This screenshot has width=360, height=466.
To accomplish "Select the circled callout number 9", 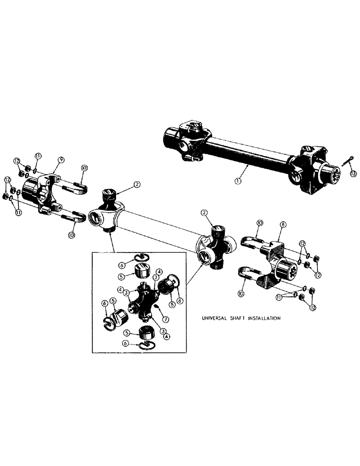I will [x=61, y=160].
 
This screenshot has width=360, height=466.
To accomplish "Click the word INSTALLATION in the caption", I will [x=263, y=319].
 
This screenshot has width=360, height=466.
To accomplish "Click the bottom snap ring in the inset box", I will [x=146, y=345].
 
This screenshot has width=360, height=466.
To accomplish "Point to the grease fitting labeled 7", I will [x=157, y=306].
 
